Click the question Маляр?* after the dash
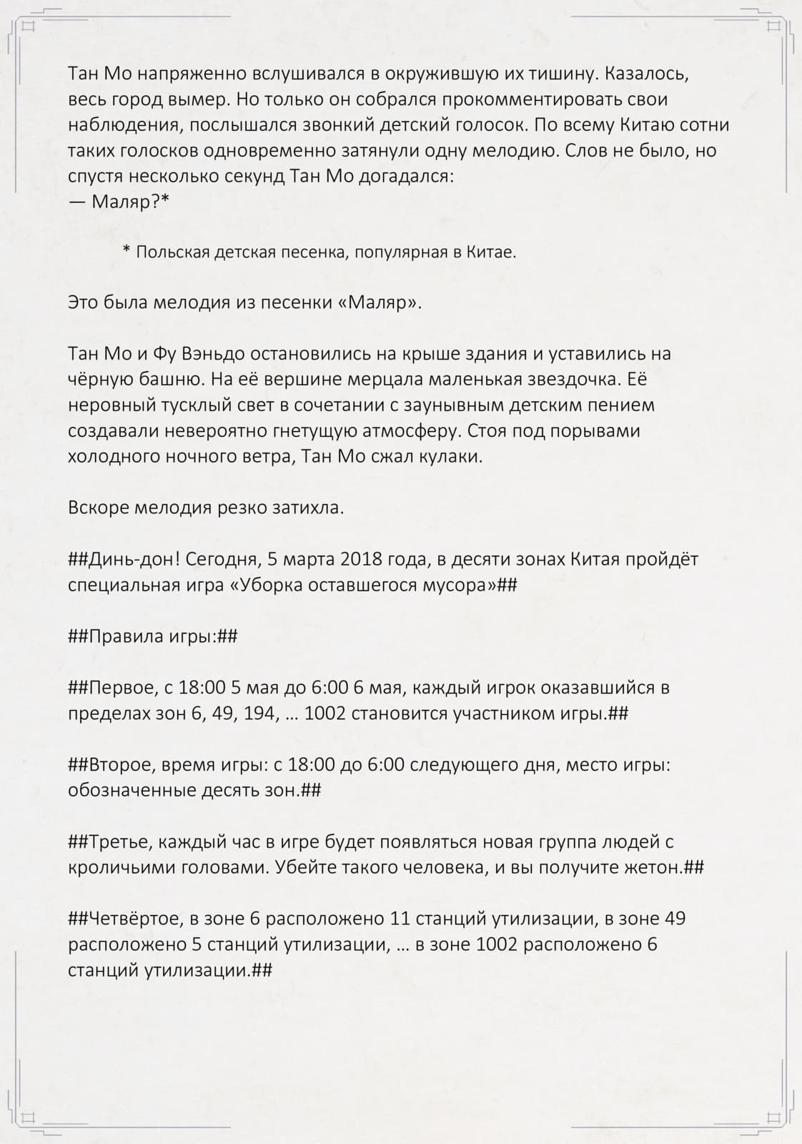pyautogui.click(x=131, y=202)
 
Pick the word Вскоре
pyautogui.click(x=99, y=508)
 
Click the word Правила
pyautogui.click(x=126, y=637)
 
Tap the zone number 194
pyautogui.click(x=260, y=714)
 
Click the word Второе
pyautogui.click(x=122, y=766)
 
